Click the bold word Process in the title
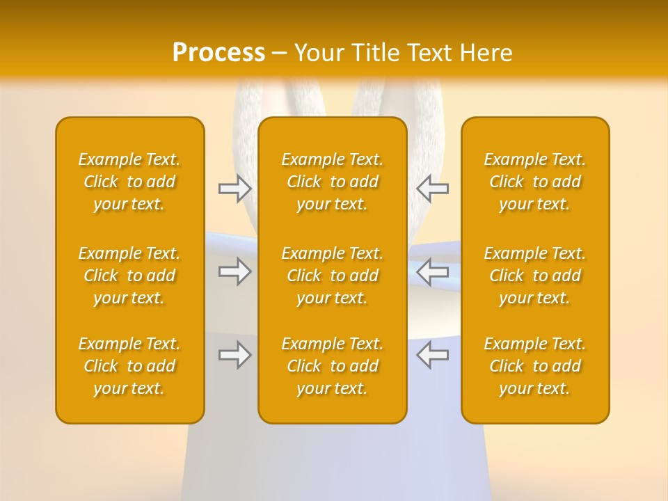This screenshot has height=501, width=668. [x=218, y=53]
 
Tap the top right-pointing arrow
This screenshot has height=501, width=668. [x=235, y=188]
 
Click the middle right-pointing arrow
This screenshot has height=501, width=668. [x=235, y=271]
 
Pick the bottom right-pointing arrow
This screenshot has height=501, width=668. [x=235, y=355]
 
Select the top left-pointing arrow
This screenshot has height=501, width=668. [x=432, y=188]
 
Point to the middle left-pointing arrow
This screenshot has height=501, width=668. [x=432, y=271]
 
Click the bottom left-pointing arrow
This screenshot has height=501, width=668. [x=432, y=355]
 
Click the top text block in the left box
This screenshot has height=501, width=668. [x=129, y=182]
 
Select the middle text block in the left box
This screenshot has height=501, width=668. [x=129, y=276]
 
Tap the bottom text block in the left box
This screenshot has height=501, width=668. [x=129, y=366]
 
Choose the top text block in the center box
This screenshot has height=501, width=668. [x=333, y=182]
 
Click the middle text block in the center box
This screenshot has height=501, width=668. [x=333, y=276]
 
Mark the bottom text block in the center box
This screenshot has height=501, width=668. [x=333, y=366]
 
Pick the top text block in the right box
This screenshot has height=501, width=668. [x=535, y=182]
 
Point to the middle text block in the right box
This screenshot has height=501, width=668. [x=535, y=276]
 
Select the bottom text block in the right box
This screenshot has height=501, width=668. [x=535, y=366]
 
